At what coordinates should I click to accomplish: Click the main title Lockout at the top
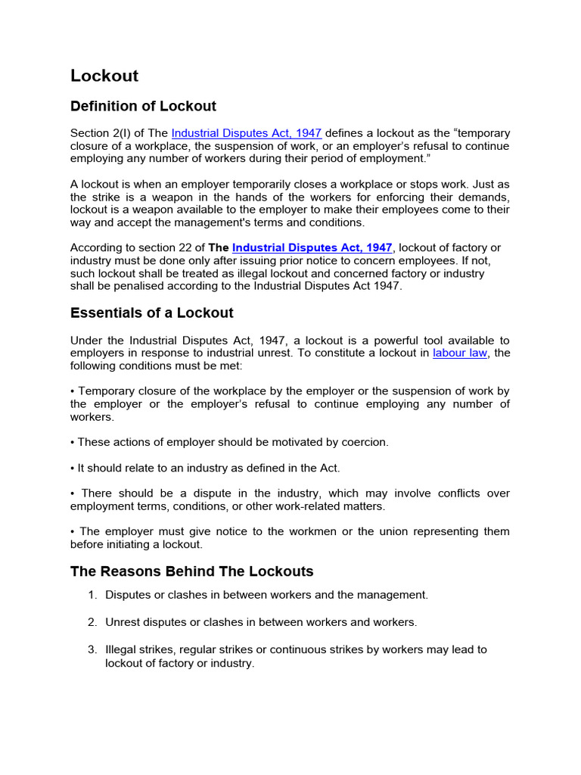click(x=104, y=76)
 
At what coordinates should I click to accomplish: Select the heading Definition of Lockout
click(x=143, y=106)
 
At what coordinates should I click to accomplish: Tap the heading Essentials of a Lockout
click(x=151, y=313)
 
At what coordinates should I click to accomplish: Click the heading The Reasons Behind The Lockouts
click(x=191, y=571)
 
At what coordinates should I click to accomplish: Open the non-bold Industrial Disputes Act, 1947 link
click(x=247, y=132)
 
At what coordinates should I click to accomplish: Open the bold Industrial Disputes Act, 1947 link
click(x=312, y=247)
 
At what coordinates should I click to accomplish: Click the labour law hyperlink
click(x=460, y=353)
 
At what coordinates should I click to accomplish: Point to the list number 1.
click(x=92, y=595)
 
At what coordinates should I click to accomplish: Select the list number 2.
click(x=92, y=622)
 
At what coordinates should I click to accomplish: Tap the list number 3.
click(x=92, y=649)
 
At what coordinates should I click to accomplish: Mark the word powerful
click(x=359, y=340)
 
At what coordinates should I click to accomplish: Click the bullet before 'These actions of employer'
click(x=73, y=442)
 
